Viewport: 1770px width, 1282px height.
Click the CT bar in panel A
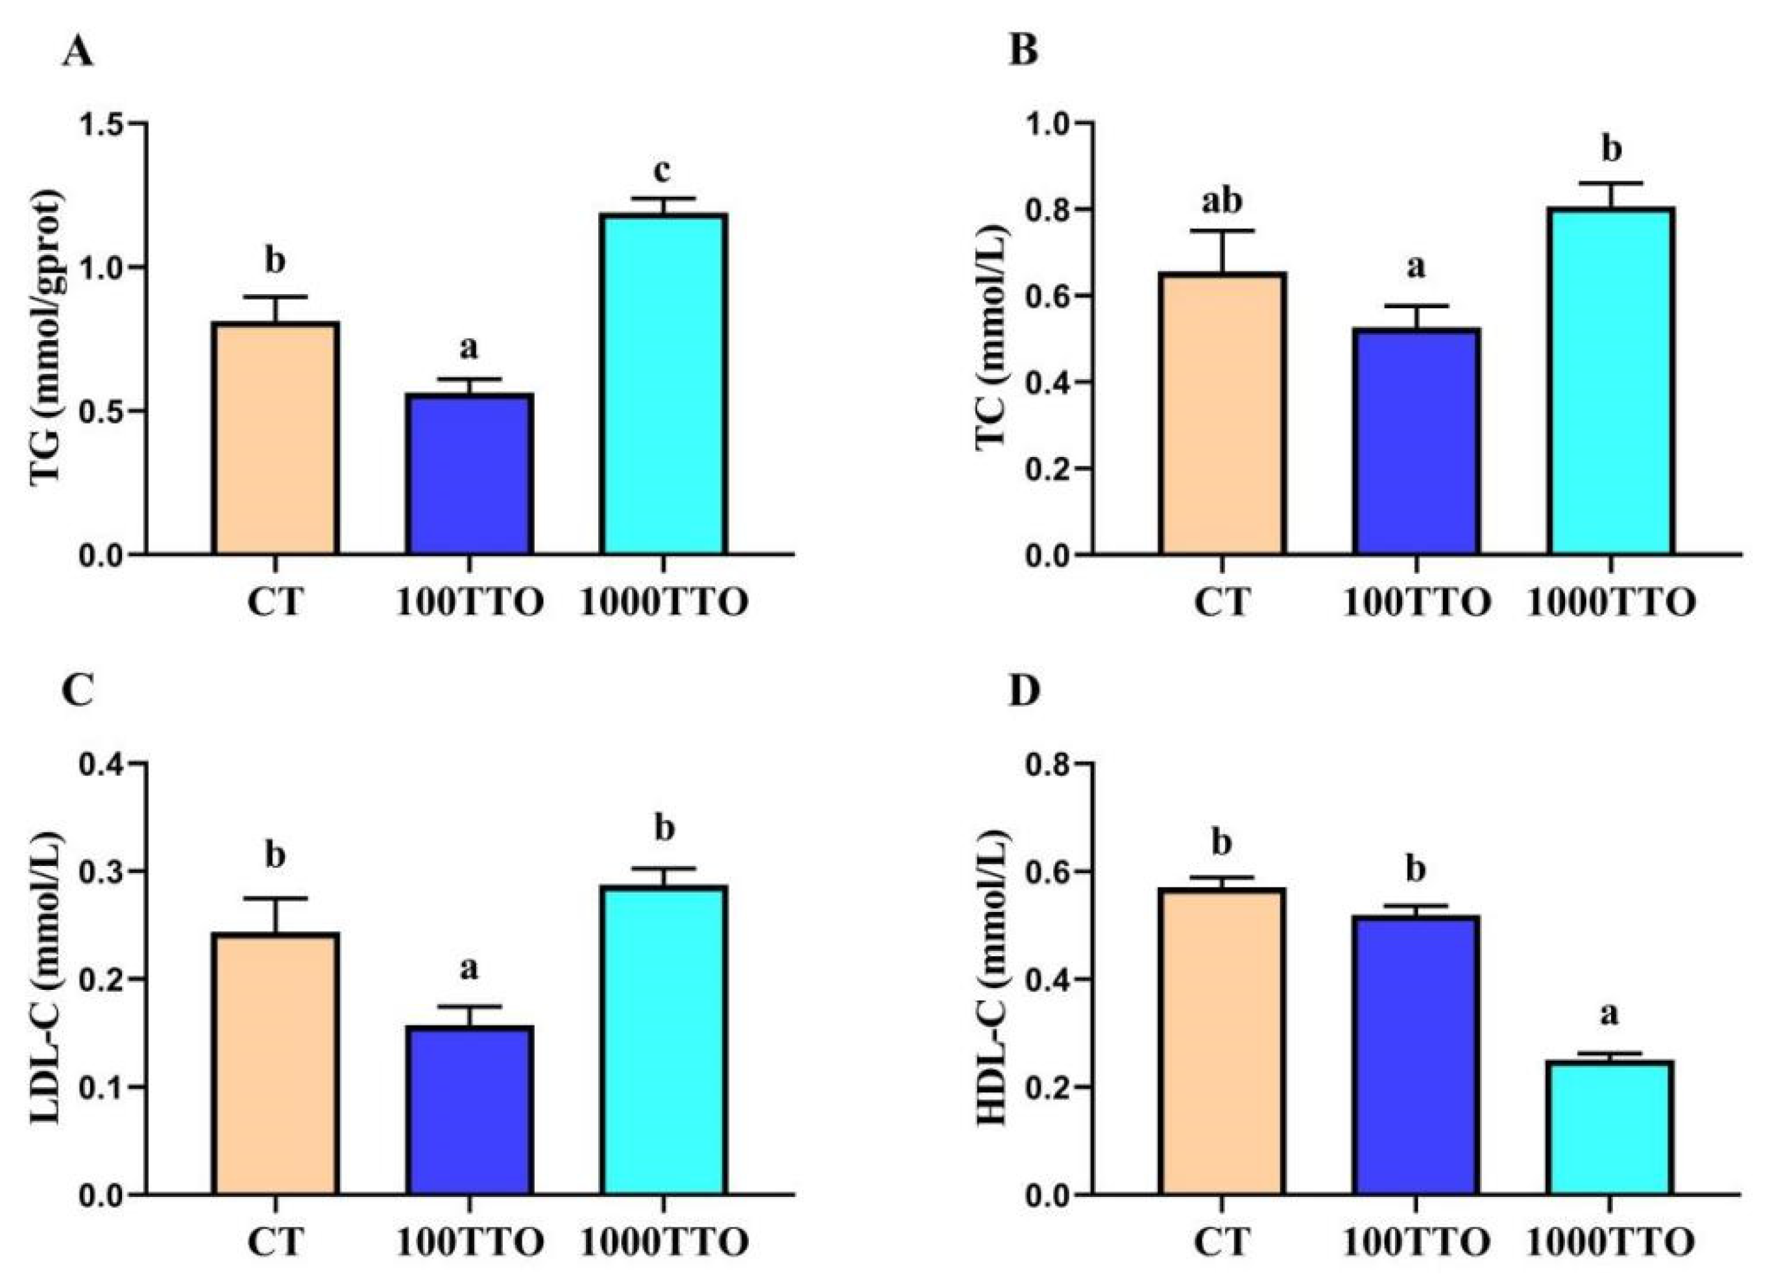274,438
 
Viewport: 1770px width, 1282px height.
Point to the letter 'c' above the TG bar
663,171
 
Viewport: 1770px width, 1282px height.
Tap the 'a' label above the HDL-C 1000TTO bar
1609,1015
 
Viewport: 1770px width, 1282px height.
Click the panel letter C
77,693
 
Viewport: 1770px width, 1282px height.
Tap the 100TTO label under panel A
469,604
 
